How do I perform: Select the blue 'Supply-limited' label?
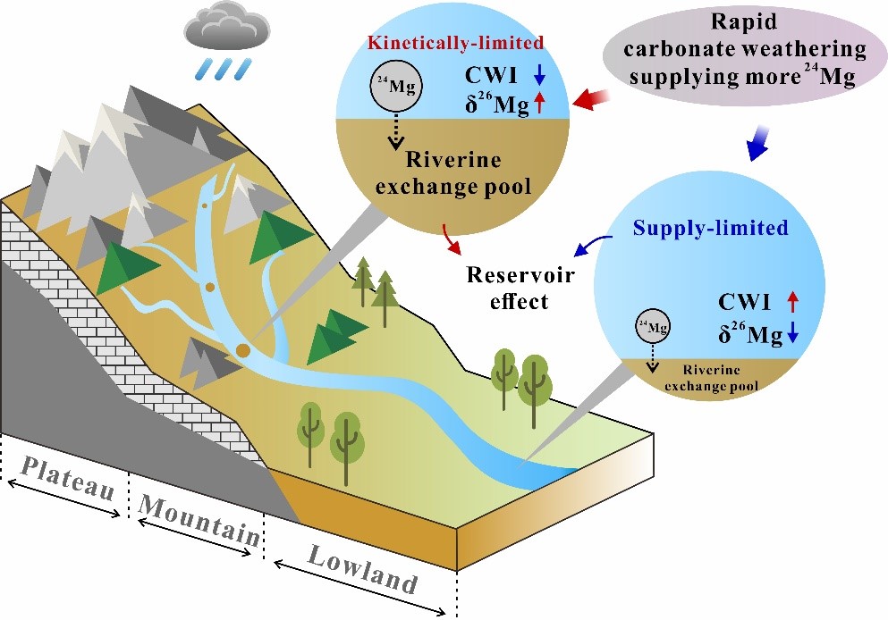(x=711, y=228)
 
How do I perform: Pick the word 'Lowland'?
(x=362, y=569)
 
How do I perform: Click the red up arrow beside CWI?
(x=791, y=303)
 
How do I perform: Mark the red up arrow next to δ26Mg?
(x=539, y=107)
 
